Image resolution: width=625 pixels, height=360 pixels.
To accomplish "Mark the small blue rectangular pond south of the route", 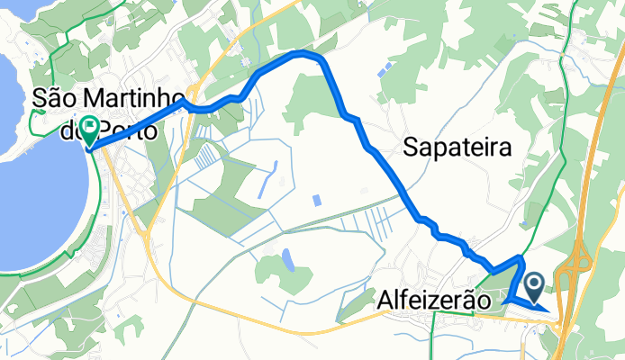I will click(x=315, y=199).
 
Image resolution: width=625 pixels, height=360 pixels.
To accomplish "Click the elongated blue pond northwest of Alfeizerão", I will click(x=287, y=260).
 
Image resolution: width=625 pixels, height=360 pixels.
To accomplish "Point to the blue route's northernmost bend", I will click(x=306, y=54).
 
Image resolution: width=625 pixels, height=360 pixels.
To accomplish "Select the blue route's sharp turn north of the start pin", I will click(x=521, y=259).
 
